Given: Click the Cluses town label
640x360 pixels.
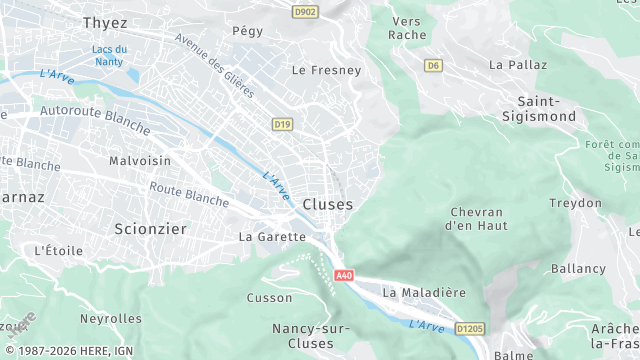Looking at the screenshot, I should pyautogui.click(x=328, y=204).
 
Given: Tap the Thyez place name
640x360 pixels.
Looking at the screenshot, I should pyautogui.click(x=105, y=22).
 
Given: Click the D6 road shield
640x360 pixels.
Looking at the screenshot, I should pyautogui.click(x=433, y=66).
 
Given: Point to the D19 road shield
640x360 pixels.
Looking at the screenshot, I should pyautogui.click(x=283, y=124).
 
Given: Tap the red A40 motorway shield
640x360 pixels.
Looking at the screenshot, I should pyautogui.click(x=344, y=276).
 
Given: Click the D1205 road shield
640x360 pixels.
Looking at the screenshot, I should pyautogui.click(x=469, y=327).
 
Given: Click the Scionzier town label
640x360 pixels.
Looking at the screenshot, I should pyautogui.click(x=150, y=229).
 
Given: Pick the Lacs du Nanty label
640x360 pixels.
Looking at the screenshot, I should pyautogui.click(x=109, y=56).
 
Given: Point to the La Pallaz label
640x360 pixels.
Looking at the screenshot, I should pyautogui.click(x=518, y=64).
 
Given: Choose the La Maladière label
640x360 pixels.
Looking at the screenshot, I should pyautogui.click(x=424, y=292).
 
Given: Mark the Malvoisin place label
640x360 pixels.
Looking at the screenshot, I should pyautogui.click(x=140, y=161).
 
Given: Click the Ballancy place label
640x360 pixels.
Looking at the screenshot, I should pyautogui.click(x=578, y=269).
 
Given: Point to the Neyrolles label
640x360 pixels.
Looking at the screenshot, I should pyautogui.click(x=110, y=318).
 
